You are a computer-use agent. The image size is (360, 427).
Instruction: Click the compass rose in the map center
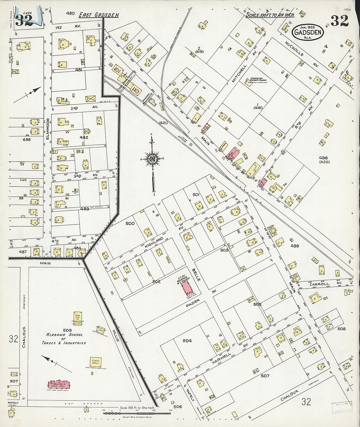click(152, 159)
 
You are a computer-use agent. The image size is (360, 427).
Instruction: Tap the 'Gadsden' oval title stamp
click(307, 32)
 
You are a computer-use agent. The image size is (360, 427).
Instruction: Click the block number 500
click(130, 224)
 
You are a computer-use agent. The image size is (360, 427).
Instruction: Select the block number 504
click(187, 341)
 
